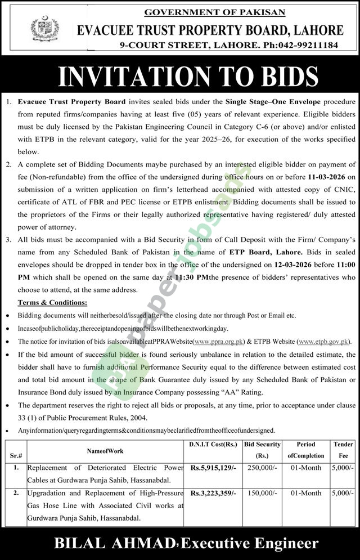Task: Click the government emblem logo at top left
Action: pyautogui.click(x=40, y=28)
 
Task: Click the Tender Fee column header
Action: pyautogui.click(x=343, y=450)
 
